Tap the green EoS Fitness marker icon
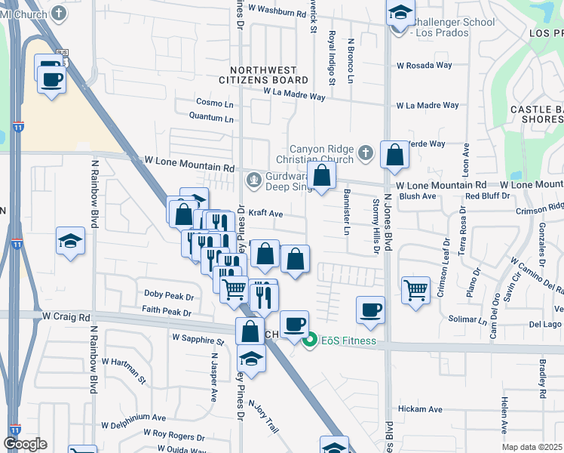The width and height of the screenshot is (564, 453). (x=308, y=341)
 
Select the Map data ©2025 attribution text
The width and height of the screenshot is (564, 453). (x=532, y=447)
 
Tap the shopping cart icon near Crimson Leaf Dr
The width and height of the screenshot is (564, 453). (x=415, y=289)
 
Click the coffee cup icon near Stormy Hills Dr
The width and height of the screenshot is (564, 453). (x=370, y=310)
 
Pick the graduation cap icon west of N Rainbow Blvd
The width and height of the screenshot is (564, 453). (x=71, y=242)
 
